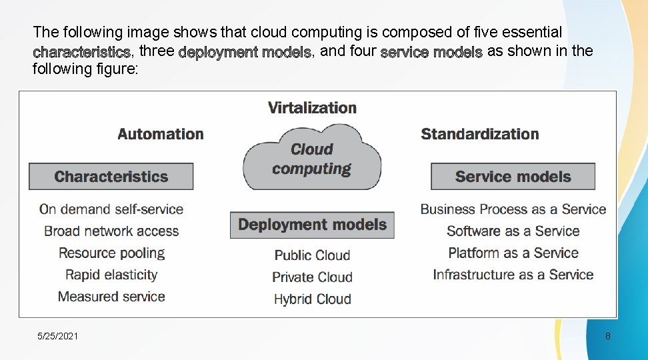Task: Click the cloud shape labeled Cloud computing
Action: pyautogui.click(x=312, y=159)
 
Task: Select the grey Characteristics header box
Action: pyautogui.click(x=111, y=177)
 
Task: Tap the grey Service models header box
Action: pyautogui.click(x=513, y=177)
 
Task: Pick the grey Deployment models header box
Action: pyautogui.click(x=312, y=225)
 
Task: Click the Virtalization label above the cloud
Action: pyautogui.click(x=312, y=107)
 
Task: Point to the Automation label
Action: pyautogui.click(x=161, y=134)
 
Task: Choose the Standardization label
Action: pyautogui.click(x=479, y=134)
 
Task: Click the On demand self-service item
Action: pyautogui.click(x=111, y=209)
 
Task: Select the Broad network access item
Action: pyautogui.click(x=111, y=231)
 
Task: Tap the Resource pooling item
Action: pyautogui.click(x=111, y=253)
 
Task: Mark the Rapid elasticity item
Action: pyautogui.click(x=111, y=275)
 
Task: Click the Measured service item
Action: pyautogui.click(x=111, y=297)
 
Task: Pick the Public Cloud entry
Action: pyautogui.click(x=312, y=255)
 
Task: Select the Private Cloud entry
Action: pyautogui.click(x=312, y=277)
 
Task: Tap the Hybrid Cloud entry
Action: pyautogui.click(x=312, y=299)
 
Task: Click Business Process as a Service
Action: pyautogui.click(x=513, y=209)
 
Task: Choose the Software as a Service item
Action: pyautogui.click(x=513, y=231)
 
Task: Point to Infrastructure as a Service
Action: pyautogui.click(x=513, y=275)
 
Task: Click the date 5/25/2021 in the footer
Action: pyautogui.click(x=58, y=336)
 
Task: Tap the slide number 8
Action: pyautogui.click(x=607, y=336)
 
